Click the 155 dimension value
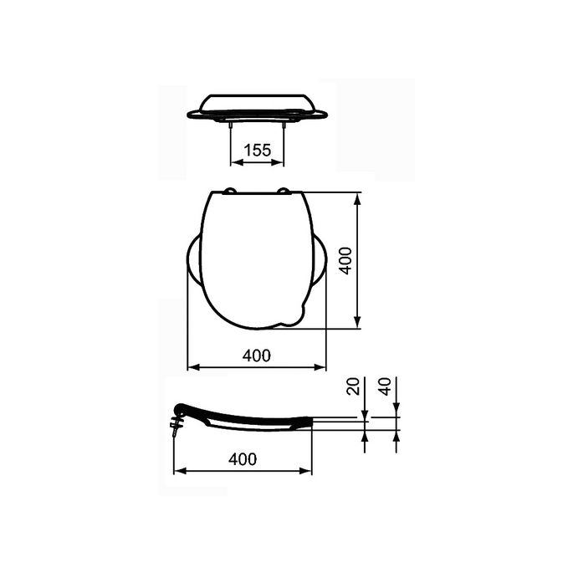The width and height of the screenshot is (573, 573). [257, 151]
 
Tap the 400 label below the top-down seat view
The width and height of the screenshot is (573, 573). [256, 356]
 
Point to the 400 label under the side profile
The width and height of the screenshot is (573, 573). [242, 459]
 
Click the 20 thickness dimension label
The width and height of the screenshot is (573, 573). [353, 388]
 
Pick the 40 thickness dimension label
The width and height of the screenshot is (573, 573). [385, 388]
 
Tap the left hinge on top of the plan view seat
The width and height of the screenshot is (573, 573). [230, 192]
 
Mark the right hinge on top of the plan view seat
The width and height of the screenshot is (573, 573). [284, 192]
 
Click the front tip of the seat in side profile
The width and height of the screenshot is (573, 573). [311, 422]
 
